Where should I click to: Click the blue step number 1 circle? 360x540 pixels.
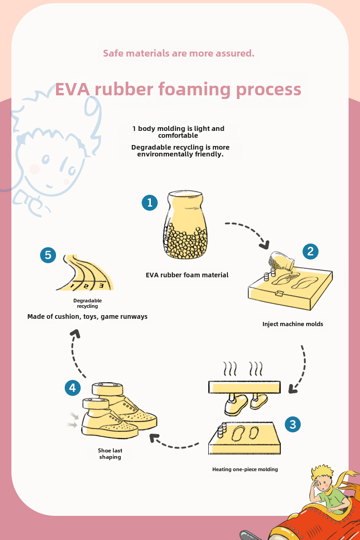click(x=149, y=202)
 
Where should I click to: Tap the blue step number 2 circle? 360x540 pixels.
click(x=310, y=251)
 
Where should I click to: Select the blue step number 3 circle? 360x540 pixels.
click(x=293, y=425)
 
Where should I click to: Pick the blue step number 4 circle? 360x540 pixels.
click(x=72, y=388)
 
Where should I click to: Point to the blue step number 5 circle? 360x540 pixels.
click(x=48, y=255)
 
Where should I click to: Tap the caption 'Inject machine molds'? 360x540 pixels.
click(x=293, y=324)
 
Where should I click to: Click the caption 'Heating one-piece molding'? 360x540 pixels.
click(x=245, y=469)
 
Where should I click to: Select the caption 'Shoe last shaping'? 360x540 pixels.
click(x=110, y=454)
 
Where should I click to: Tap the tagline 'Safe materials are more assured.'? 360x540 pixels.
click(x=179, y=53)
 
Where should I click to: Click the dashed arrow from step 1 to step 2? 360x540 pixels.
click(x=249, y=232)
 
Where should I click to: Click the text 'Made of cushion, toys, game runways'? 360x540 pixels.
click(x=87, y=317)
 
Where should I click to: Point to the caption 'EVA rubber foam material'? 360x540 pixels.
click(x=187, y=275)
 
